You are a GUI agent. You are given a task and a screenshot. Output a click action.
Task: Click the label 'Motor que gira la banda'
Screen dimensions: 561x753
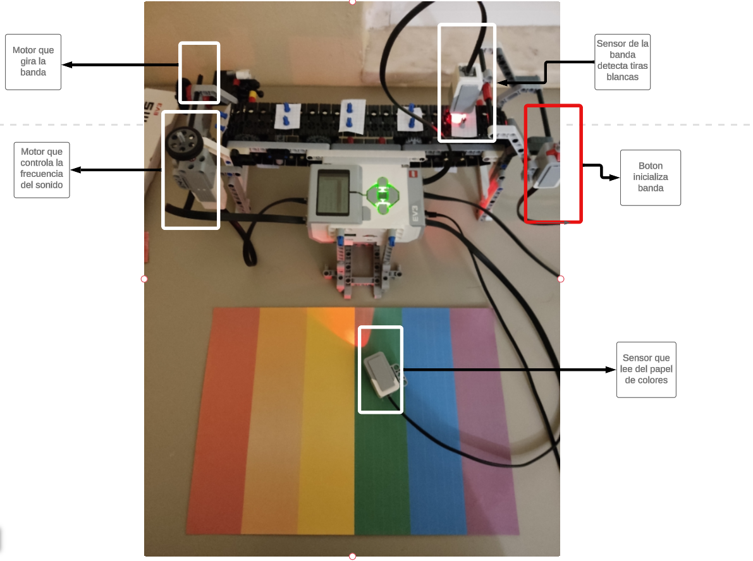click(34, 61)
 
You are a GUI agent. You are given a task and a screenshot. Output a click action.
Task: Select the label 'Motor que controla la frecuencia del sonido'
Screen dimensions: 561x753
click(42, 169)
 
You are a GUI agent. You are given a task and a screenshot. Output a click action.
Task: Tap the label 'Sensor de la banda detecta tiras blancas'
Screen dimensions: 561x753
click(623, 60)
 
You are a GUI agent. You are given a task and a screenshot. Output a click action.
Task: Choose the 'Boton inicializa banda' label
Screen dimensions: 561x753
click(650, 177)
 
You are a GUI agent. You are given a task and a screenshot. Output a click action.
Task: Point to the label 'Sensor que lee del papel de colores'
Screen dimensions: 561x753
click(646, 369)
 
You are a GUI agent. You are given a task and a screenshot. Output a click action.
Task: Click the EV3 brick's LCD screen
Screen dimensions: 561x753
click(333, 191)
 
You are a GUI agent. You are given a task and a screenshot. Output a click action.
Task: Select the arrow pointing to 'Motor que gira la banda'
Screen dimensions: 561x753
click(120, 64)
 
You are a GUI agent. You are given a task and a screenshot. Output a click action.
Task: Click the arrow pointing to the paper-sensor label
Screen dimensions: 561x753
click(506, 370)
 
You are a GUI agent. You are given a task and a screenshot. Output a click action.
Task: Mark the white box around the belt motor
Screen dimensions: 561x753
click(199, 44)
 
